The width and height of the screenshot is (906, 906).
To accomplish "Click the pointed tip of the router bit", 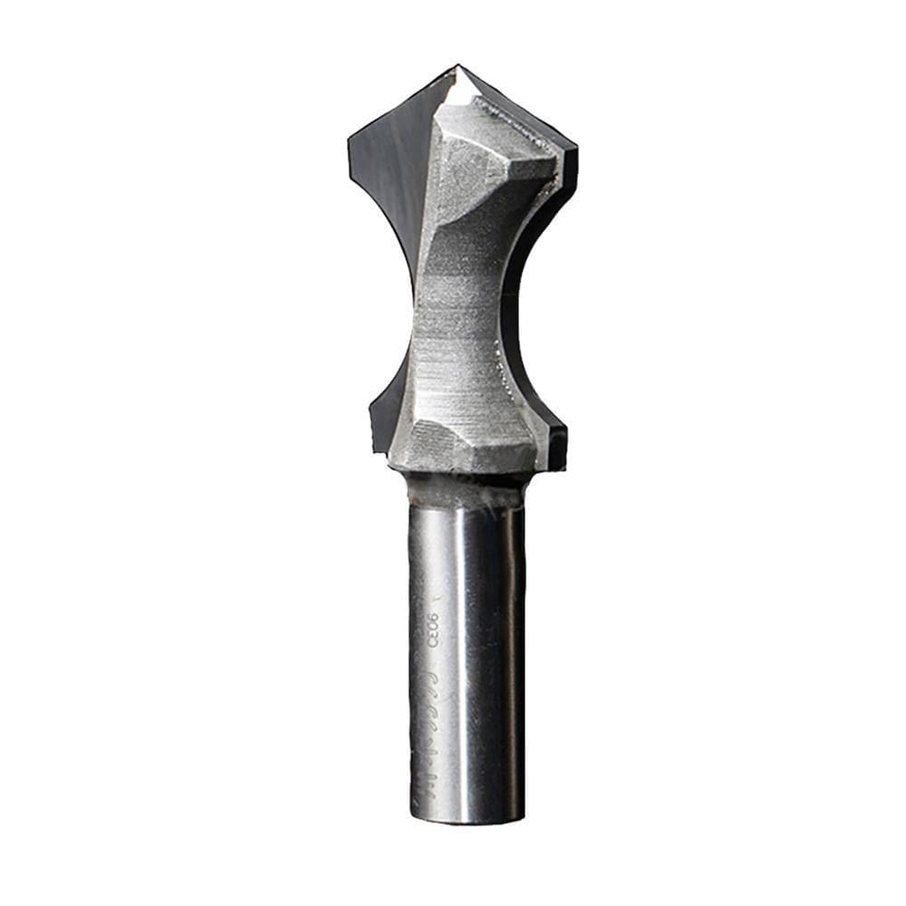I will pos(458,66).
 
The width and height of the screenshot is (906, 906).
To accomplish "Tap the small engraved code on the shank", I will pos(431,631).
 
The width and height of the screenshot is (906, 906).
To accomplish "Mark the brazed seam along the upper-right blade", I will pos(525,127).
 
